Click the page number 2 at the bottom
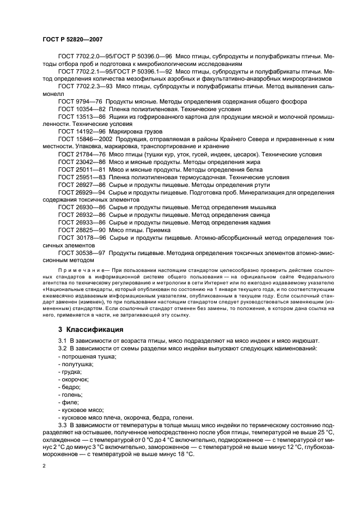click(44, 466)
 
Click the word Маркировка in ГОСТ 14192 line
click(130, 132)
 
